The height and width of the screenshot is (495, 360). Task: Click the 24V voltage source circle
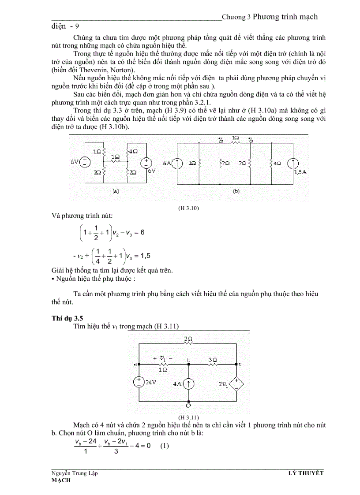[x=139, y=382]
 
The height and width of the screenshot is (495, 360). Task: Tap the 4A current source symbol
[x=189, y=384]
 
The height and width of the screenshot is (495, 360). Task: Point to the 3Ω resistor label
[x=212, y=360]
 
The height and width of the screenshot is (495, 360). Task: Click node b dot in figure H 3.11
[x=188, y=365]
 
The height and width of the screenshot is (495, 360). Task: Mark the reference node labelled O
[x=188, y=405]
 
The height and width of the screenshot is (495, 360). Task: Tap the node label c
[x=240, y=364]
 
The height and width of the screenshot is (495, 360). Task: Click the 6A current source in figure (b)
[x=177, y=163]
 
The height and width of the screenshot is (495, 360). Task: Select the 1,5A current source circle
[x=292, y=164]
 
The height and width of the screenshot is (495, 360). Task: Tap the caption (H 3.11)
[x=188, y=417]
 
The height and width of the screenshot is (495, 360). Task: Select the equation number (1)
[x=165, y=446]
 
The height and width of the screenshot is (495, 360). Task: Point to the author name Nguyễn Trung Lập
[x=75, y=473]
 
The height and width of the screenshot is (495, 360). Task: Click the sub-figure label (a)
[x=116, y=191]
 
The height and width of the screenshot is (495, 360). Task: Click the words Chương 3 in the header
[x=236, y=17]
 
